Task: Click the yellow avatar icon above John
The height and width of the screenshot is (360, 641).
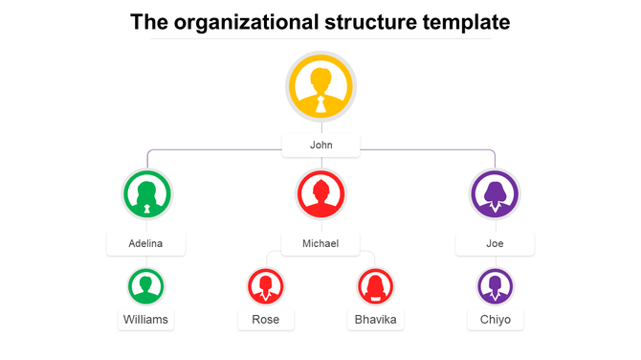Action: click(x=320, y=87)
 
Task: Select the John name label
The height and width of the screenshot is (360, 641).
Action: click(x=320, y=146)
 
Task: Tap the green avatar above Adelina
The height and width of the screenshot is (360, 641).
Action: click(x=146, y=194)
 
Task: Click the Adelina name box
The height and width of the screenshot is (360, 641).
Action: click(x=145, y=243)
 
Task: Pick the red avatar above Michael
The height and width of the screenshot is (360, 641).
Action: click(x=320, y=194)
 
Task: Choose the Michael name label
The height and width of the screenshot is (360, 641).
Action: click(x=320, y=243)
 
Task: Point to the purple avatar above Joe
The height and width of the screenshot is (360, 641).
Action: click(x=495, y=194)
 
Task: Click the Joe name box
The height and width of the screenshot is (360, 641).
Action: click(x=495, y=243)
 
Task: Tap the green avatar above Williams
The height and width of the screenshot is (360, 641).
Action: click(x=146, y=285)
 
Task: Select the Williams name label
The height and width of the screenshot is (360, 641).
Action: click(x=146, y=319)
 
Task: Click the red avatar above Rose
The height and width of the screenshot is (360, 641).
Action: click(x=266, y=285)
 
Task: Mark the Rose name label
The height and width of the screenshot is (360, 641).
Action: click(x=266, y=319)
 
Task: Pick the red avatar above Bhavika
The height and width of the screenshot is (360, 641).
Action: click(x=376, y=285)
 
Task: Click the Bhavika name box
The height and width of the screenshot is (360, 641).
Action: click(x=376, y=319)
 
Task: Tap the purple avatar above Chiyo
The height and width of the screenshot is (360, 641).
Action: click(x=496, y=285)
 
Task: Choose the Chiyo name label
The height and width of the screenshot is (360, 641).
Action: click(x=496, y=319)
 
